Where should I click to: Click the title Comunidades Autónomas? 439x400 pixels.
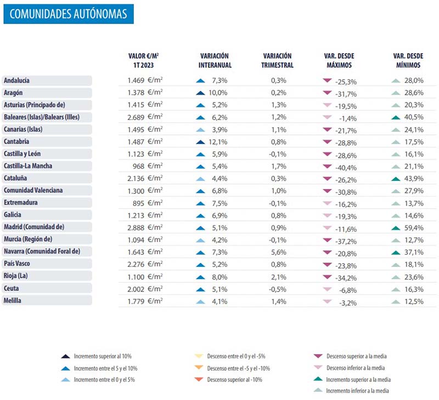coord(68,14)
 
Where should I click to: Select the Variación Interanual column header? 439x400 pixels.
coord(215,60)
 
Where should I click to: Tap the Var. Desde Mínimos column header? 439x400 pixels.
coord(408,60)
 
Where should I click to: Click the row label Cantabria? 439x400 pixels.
coord(16,141)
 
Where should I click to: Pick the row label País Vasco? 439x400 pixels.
coord(17,264)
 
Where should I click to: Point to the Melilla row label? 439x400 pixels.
coord(12,300)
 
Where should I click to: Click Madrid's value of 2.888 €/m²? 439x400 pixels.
coord(145,227)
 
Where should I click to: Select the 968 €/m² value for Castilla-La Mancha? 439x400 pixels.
coord(148,166)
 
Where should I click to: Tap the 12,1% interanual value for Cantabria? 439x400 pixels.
coord(218,142)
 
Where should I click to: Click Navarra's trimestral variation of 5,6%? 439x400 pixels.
coord(279,252)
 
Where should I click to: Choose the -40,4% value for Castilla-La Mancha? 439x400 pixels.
coord(346,168)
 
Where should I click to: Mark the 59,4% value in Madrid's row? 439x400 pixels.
coord(414,228)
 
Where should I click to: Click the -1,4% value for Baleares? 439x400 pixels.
coord(348,118)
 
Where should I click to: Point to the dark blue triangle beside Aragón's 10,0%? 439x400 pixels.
coord(200,93)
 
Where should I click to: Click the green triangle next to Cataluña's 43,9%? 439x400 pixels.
coord(396,179)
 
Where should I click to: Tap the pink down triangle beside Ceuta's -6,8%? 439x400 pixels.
coord(327,289)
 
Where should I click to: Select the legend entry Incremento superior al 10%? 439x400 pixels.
coord(96,356)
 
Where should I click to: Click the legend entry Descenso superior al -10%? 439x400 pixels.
coord(228,380)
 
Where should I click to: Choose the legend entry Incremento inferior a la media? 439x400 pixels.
coord(351,391)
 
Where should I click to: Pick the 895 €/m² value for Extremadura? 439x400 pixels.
coord(148,203)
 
